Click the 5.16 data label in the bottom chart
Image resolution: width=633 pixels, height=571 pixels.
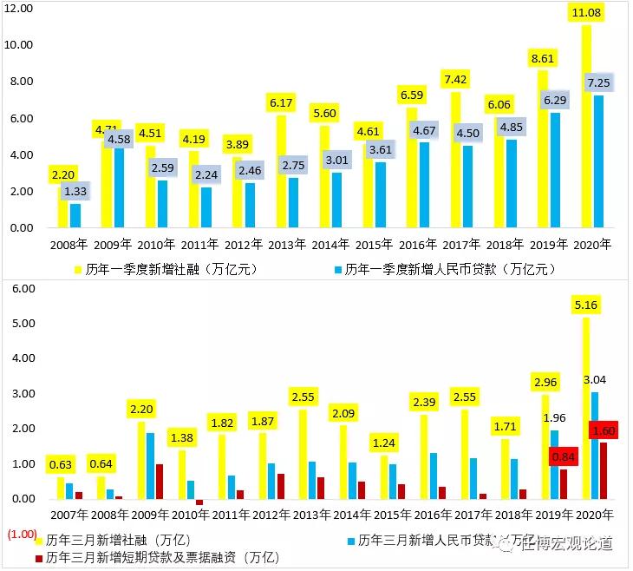588,305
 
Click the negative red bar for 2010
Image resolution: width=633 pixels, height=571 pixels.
199,502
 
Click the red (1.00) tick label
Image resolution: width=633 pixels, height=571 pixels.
20,534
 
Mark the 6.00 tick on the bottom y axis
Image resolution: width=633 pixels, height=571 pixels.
20,288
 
